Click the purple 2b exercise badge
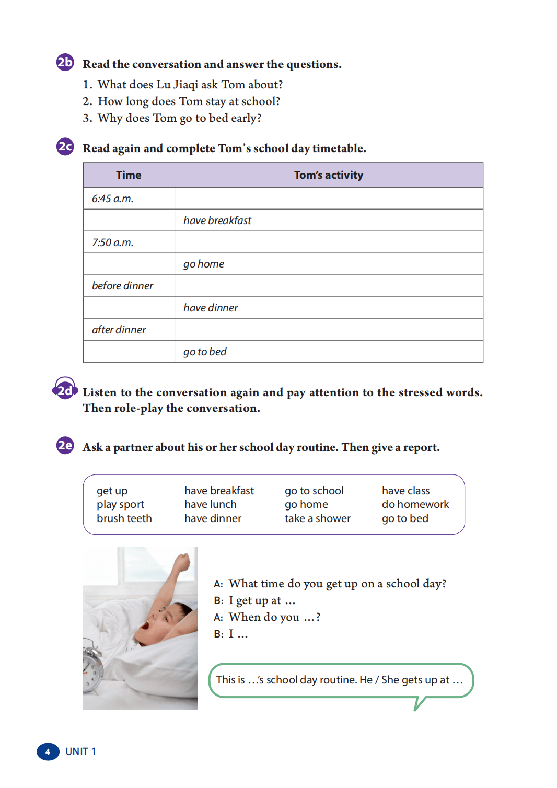(65, 62)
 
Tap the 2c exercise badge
(65, 146)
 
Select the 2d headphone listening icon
(65, 389)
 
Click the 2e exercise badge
(65, 445)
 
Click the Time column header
(129, 175)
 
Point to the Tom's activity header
(328, 175)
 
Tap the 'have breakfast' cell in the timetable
(217, 221)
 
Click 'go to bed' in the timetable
(205, 352)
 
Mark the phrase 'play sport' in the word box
(120, 504)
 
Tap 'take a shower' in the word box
(317, 518)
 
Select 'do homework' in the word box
(415, 504)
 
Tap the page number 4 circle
(48, 751)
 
